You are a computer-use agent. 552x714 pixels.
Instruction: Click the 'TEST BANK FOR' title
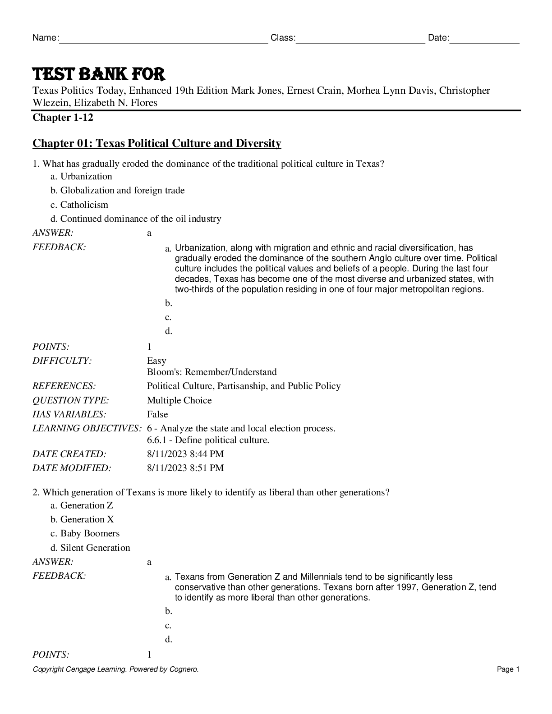pos(99,74)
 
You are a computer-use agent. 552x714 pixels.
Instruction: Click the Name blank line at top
pos(163,39)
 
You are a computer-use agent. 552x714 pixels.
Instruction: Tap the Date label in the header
pos(438,38)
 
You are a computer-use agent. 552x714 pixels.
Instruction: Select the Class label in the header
pos(283,38)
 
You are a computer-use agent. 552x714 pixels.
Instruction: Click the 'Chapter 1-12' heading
pos(63,118)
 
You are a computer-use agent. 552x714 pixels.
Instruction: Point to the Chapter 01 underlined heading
pos(156,143)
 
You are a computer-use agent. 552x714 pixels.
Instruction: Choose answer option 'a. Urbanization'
pos(81,176)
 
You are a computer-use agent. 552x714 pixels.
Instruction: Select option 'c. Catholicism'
pos(79,205)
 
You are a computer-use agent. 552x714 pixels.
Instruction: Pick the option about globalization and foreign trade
pos(117,190)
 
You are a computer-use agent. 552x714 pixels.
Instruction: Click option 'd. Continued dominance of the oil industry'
pos(136,219)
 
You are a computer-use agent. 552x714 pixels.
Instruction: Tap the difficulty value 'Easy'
pos(156,361)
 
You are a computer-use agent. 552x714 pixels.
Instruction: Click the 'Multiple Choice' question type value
pos(179,400)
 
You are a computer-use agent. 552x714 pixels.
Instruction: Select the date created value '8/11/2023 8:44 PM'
pos(185,454)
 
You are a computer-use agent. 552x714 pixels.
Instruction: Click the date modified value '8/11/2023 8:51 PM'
pos(185,468)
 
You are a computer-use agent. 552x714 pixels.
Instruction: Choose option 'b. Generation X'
pos(82,519)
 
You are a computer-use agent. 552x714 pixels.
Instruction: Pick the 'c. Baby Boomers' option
pos(85,533)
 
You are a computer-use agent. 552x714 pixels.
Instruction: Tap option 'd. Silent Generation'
pos(90,548)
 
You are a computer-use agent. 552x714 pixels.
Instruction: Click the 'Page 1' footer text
pos(508,669)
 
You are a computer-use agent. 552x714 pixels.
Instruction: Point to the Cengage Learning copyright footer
pos(115,669)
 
